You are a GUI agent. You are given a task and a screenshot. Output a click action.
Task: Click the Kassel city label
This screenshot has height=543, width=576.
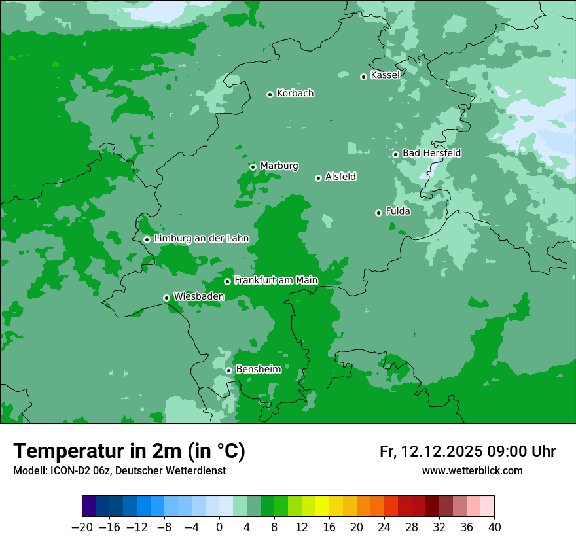(x=385, y=75)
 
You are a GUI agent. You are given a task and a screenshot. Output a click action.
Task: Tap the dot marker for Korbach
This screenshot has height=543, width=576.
(x=270, y=94)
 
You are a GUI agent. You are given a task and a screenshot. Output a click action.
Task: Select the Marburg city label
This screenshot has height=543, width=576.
(x=279, y=166)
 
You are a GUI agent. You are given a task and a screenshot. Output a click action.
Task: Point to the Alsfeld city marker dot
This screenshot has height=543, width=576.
(x=318, y=178)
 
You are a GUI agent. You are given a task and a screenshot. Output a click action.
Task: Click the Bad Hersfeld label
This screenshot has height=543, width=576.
(x=431, y=153)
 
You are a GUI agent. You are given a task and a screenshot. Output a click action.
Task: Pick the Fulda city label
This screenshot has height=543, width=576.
(x=398, y=211)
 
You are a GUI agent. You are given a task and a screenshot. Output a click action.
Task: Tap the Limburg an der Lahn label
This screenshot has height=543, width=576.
(x=201, y=239)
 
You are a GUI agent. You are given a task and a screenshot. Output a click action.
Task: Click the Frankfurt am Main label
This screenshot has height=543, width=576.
(x=276, y=281)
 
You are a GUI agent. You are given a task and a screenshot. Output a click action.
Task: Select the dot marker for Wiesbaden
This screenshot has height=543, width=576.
(x=166, y=298)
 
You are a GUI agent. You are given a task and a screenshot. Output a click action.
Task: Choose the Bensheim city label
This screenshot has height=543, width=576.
(x=258, y=370)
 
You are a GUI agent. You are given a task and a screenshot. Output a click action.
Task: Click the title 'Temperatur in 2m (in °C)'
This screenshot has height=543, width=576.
(x=130, y=451)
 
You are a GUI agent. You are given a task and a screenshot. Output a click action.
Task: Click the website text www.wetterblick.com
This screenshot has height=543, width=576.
(x=472, y=471)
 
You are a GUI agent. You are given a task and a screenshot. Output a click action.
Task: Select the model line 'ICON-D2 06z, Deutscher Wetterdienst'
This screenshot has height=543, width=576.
(x=119, y=471)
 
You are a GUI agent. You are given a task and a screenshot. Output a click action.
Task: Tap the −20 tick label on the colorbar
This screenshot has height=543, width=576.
(x=82, y=527)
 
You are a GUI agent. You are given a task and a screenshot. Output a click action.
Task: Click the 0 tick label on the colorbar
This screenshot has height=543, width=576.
(x=219, y=527)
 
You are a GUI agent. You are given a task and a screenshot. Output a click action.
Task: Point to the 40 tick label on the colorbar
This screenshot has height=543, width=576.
(x=494, y=527)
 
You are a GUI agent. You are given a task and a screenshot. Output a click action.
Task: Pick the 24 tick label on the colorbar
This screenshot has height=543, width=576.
(x=384, y=527)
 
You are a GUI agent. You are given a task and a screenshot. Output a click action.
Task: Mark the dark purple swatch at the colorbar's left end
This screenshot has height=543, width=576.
(x=89, y=506)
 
